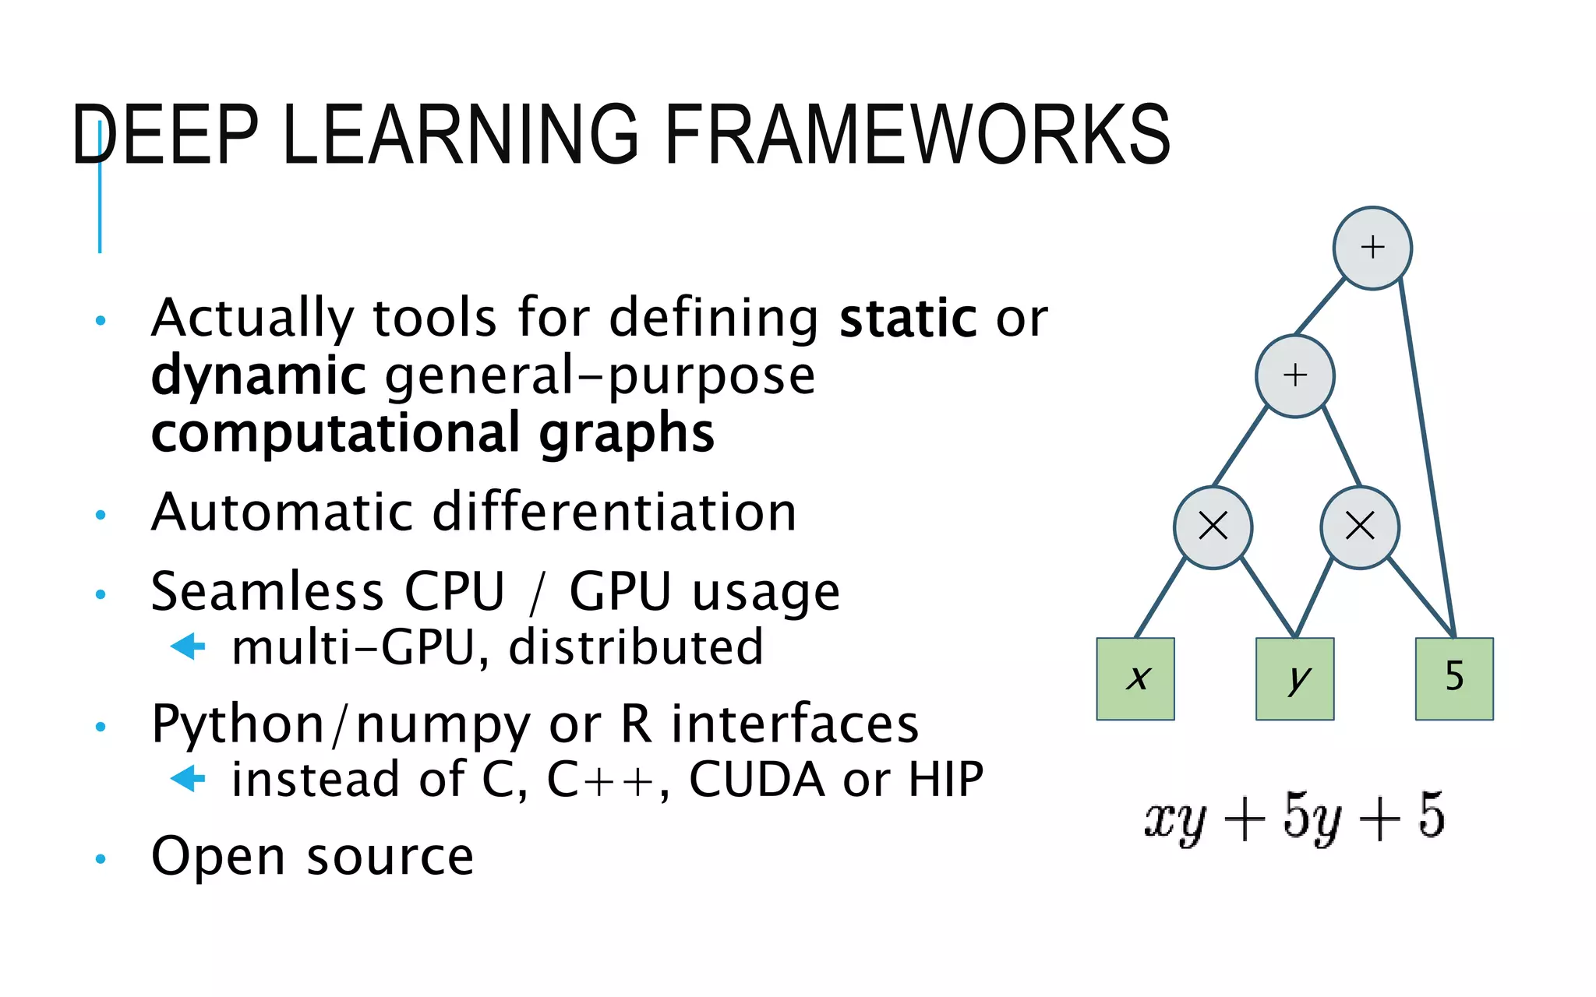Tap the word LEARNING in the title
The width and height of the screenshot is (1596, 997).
click(x=460, y=136)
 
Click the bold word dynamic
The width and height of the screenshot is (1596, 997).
click(x=258, y=376)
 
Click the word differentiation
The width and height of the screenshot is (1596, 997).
click(x=614, y=513)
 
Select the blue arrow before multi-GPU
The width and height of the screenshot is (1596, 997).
click(x=188, y=646)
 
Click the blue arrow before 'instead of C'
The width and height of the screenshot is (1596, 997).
click(x=188, y=778)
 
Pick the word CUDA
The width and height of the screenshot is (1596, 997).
click(x=757, y=779)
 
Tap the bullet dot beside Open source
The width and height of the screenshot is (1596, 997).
click(x=100, y=859)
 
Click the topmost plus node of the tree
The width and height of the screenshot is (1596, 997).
click(x=1372, y=248)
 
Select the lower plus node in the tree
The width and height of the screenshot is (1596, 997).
click(x=1294, y=375)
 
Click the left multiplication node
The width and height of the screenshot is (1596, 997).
click(x=1213, y=527)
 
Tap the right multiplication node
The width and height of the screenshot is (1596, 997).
click(x=1360, y=527)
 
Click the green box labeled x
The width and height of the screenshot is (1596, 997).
click(x=1135, y=678)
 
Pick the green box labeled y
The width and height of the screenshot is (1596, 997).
click(x=1294, y=678)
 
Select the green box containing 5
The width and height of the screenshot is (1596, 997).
click(x=1454, y=678)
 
